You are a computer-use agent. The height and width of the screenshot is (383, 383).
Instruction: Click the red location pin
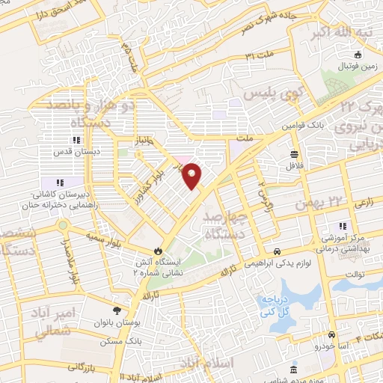(x=193, y=175)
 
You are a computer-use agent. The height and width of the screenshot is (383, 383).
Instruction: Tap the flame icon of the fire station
(x=157, y=251)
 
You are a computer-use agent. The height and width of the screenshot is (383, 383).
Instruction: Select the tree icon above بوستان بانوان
(x=117, y=310)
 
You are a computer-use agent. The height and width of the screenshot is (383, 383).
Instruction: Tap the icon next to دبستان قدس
(x=76, y=140)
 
